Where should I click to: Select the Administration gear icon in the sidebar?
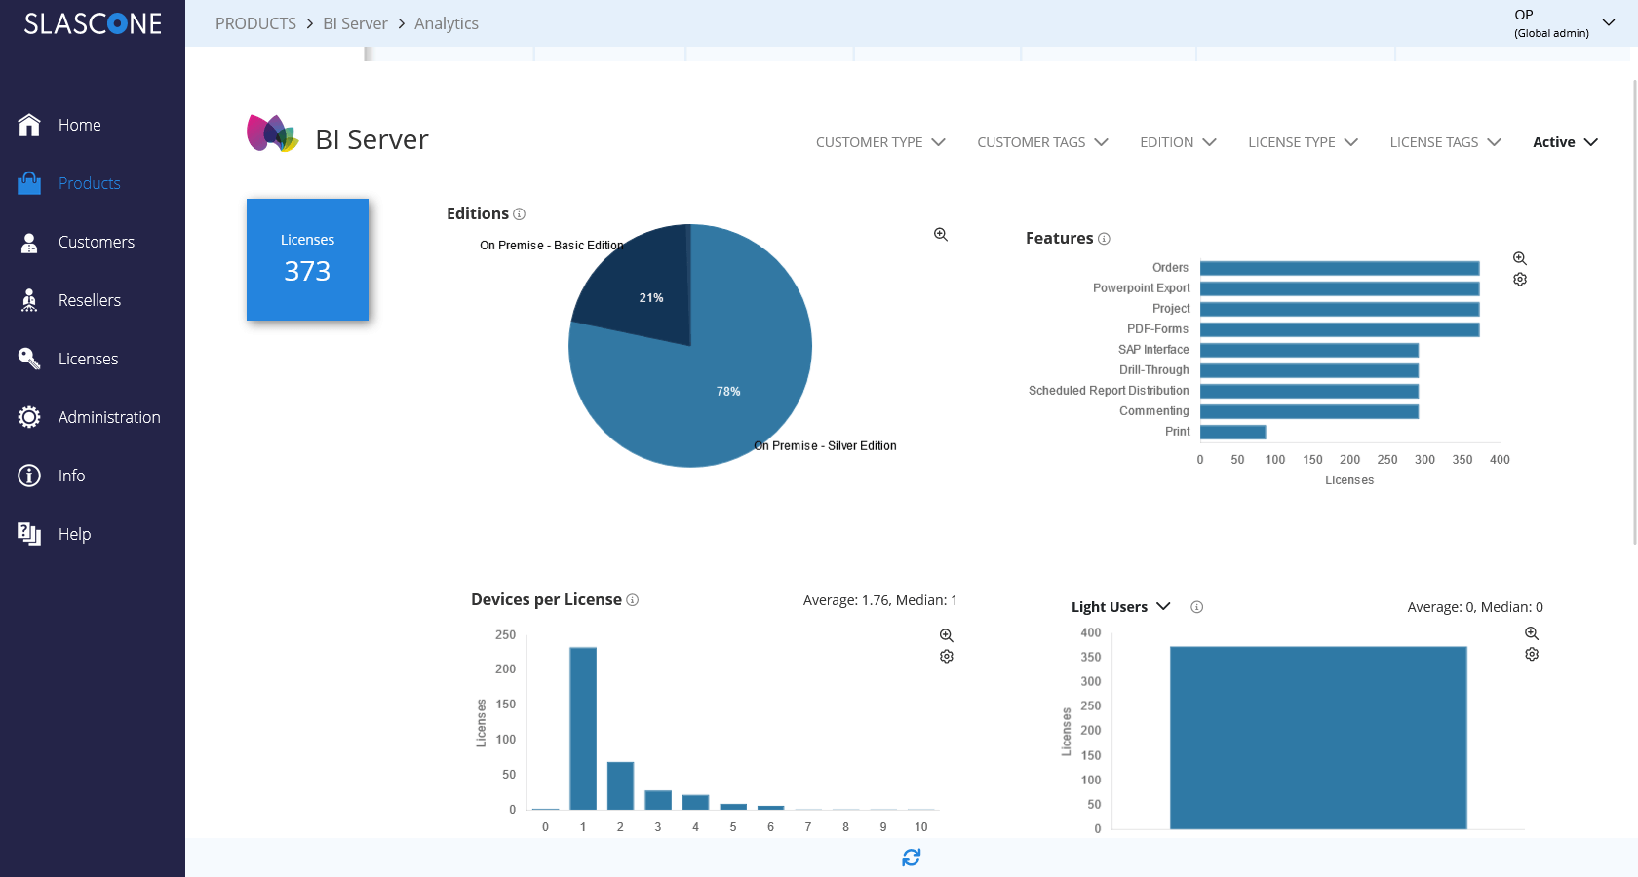pyautogui.click(x=29, y=417)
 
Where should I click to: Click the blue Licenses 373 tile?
pyautogui.click(x=307, y=259)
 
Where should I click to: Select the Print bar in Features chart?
pyautogui.click(x=1232, y=432)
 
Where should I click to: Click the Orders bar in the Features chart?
pyautogui.click(x=1340, y=268)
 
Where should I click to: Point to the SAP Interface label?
pyautogui.click(x=1153, y=349)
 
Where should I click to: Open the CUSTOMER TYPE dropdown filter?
pyautogui.click(x=880, y=142)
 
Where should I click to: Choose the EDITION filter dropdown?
pyautogui.click(x=1178, y=142)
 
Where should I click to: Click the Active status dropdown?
pyautogui.click(x=1566, y=142)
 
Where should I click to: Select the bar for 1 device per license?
pyautogui.click(x=583, y=729)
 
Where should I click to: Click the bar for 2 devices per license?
pyautogui.click(x=620, y=785)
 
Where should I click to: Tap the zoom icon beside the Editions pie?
pyautogui.click(x=941, y=235)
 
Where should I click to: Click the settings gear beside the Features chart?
pyautogui.click(x=1519, y=279)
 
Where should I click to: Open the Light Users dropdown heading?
pyautogui.click(x=1121, y=607)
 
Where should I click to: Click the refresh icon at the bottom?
pyautogui.click(x=911, y=858)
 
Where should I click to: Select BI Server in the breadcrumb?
pyautogui.click(x=355, y=23)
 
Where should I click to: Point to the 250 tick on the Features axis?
pyautogui.click(x=1387, y=460)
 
